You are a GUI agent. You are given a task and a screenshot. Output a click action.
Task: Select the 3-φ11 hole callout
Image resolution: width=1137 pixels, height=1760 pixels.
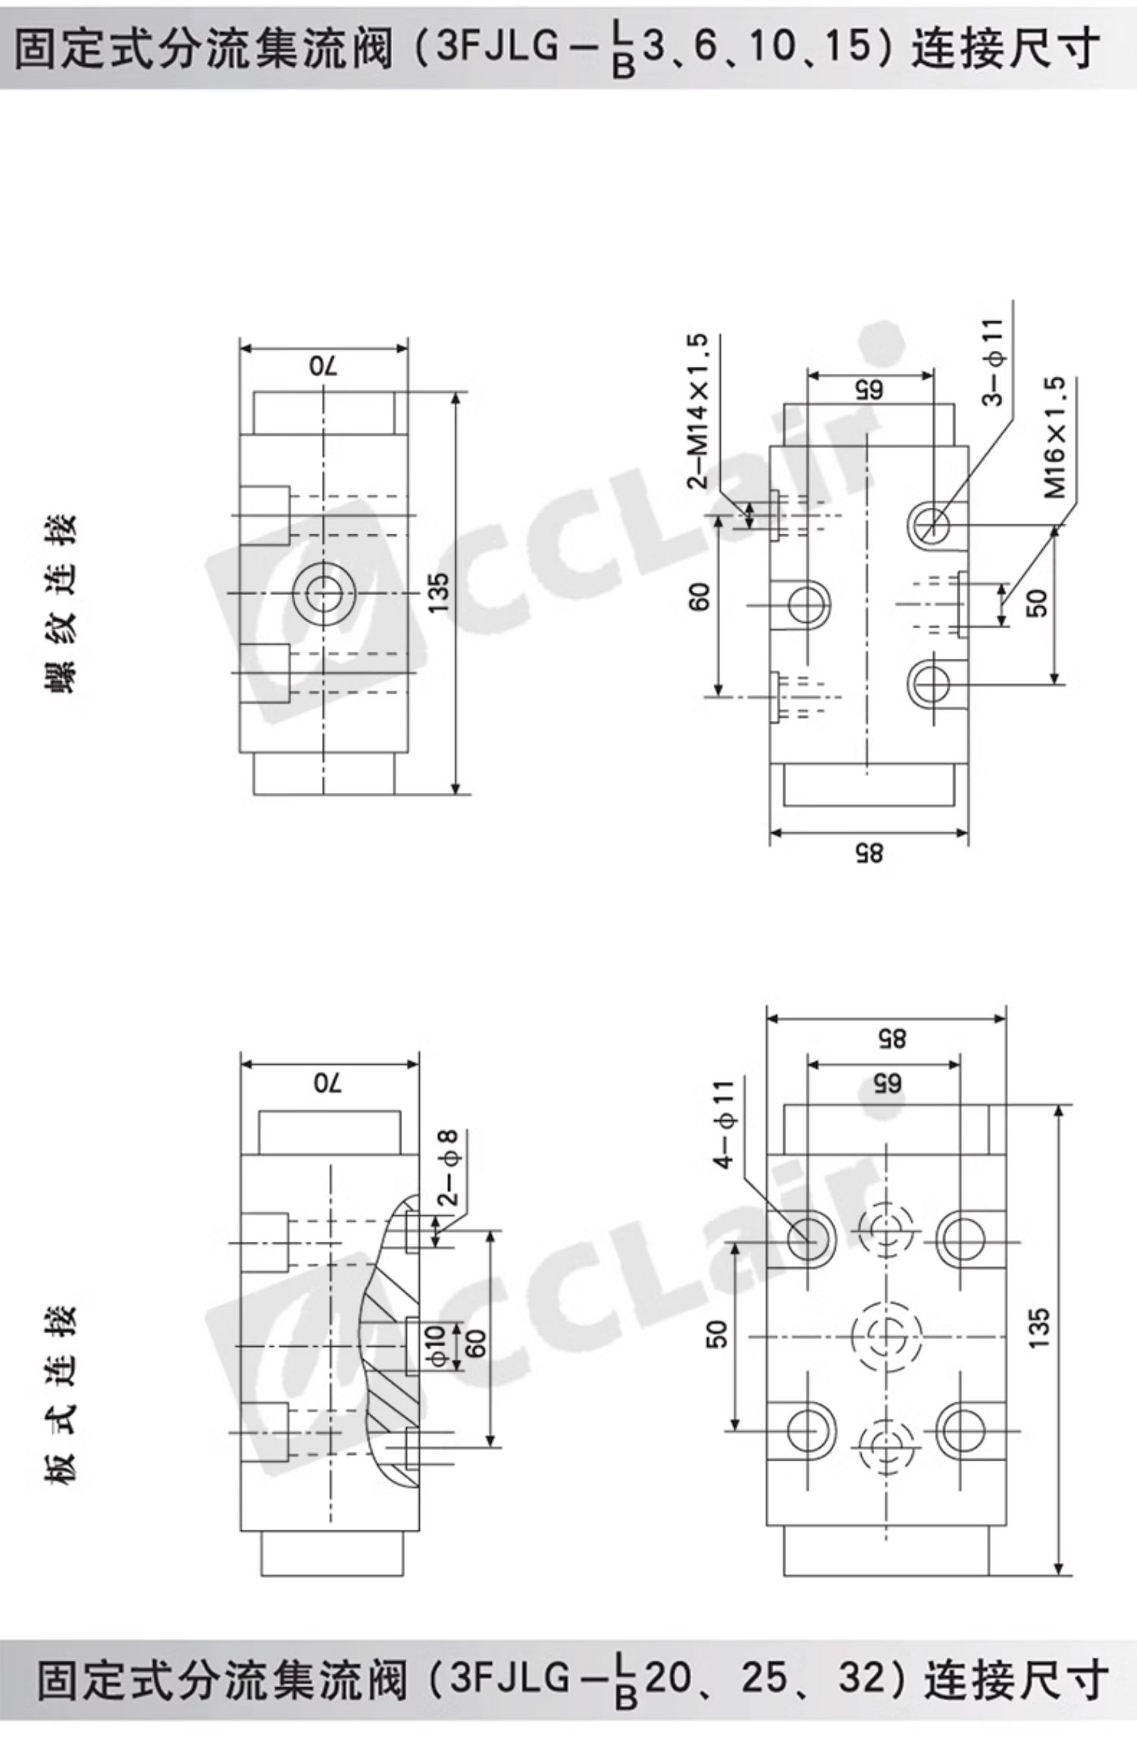click(x=994, y=362)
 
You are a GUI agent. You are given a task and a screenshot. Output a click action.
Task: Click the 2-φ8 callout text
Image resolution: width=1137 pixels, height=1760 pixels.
click(x=449, y=1168)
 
